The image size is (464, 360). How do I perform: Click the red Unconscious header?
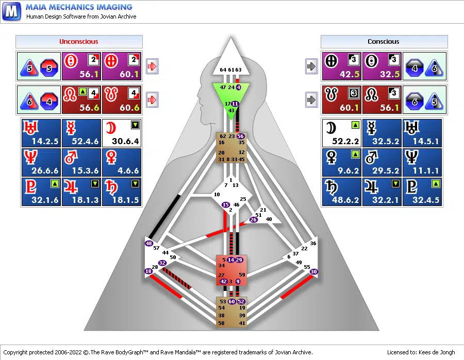click(x=78, y=42)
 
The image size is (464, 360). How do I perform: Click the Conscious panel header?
click(x=384, y=42)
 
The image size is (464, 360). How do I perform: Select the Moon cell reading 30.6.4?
click(x=122, y=133)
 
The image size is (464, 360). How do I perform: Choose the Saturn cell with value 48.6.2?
click(x=341, y=192)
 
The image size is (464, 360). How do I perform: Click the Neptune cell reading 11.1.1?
click(x=423, y=162)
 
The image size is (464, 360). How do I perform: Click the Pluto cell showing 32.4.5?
click(x=423, y=192)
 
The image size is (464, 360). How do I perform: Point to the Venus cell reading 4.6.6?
click(x=122, y=162)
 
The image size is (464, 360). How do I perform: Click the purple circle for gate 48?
click(x=149, y=243)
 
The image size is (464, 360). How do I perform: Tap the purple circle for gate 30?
click(x=314, y=271)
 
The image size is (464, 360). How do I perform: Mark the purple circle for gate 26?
click(x=253, y=220)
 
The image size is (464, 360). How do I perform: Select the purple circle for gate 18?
click(x=148, y=271)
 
